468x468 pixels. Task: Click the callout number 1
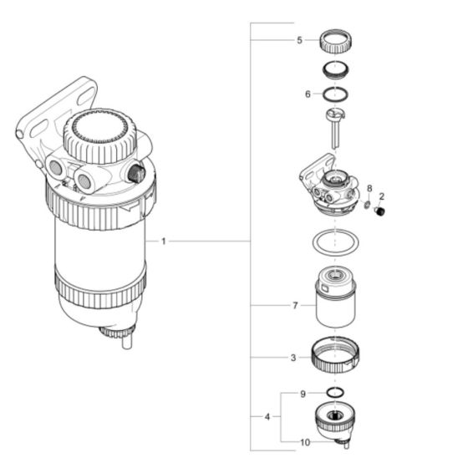coord(164,242)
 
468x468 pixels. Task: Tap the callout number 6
coord(308,94)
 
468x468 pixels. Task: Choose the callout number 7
coord(296,307)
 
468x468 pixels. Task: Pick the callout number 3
coord(292,359)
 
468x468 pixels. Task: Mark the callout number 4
coord(267,415)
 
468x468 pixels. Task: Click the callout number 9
coord(304,392)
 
